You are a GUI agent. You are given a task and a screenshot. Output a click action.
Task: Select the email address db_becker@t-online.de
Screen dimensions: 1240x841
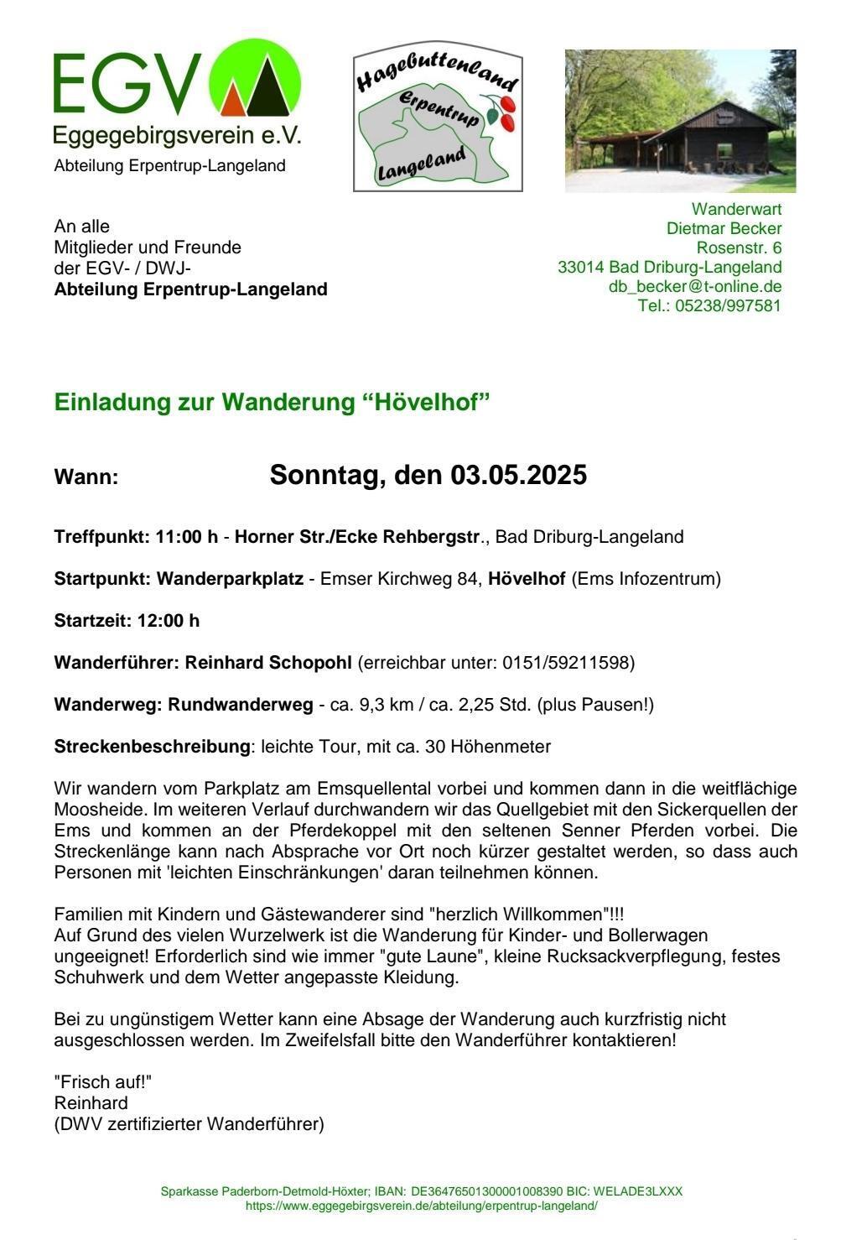(695, 286)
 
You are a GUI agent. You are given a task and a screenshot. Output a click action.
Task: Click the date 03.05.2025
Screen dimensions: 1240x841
(518, 475)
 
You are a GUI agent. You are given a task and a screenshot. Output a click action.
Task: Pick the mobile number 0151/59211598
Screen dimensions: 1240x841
(568, 663)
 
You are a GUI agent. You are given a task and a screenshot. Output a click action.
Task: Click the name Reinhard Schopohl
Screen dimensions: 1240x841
(268, 663)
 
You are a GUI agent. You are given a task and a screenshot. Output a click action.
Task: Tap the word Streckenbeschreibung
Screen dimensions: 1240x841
(152, 747)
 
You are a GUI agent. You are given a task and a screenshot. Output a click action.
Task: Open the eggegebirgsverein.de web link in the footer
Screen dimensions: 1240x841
(421, 1206)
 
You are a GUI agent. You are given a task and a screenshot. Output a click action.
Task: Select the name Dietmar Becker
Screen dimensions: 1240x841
(724, 228)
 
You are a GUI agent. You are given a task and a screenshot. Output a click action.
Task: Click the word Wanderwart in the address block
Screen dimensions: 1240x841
(736, 209)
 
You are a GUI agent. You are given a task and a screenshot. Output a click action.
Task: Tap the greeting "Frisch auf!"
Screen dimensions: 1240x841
(103, 1082)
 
